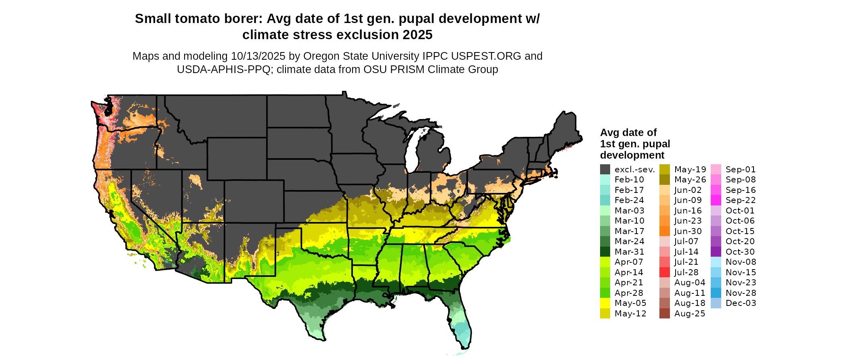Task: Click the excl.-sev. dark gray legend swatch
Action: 605,170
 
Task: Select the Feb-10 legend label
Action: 629,180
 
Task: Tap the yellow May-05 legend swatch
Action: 605,303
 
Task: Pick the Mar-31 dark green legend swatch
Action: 605,252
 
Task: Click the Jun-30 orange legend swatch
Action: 664,231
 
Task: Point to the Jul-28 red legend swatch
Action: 664,272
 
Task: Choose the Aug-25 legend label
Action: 690,314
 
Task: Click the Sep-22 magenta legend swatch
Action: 716,200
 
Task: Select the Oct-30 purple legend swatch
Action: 716,252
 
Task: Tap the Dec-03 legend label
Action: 741,303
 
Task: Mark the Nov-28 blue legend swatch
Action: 716,293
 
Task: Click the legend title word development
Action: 632,155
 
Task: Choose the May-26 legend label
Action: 690,180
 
